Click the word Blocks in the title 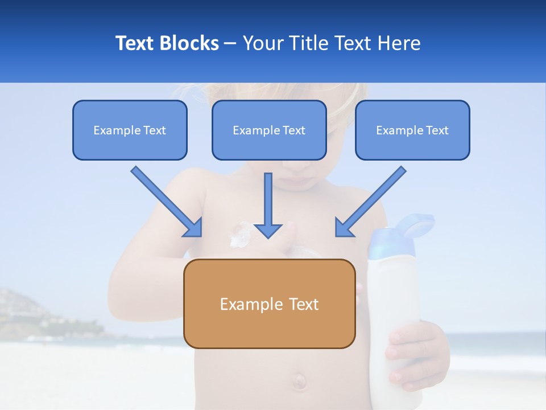coord(191,43)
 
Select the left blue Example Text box coord(130,130)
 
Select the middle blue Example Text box coord(269,130)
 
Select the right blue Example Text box coord(412,130)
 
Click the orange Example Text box coord(269,304)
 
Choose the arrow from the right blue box coord(370,202)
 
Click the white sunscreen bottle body coord(395,285)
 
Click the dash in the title coord(230,43)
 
